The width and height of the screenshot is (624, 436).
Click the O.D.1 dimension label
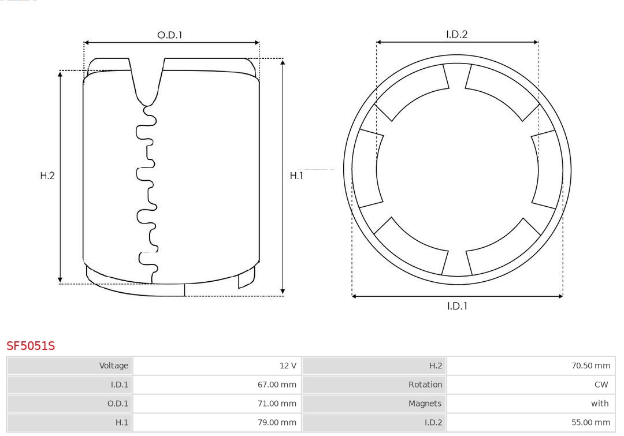[x=169, y=35]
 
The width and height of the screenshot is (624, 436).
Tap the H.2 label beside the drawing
[x=47, y=176]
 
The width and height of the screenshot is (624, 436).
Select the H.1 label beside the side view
[x=296, y=176]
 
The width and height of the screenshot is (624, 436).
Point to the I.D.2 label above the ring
[x=456, y=34]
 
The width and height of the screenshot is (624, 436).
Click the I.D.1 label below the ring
[x=457, y=306]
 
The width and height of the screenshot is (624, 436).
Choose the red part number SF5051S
[x=31, y=346]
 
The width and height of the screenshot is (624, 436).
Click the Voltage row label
[x=114, y=366]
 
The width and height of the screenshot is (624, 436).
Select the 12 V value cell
[x=288, y=366]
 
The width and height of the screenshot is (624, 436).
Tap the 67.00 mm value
[x=277, y=385]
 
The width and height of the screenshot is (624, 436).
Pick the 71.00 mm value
[x=277, y=404]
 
